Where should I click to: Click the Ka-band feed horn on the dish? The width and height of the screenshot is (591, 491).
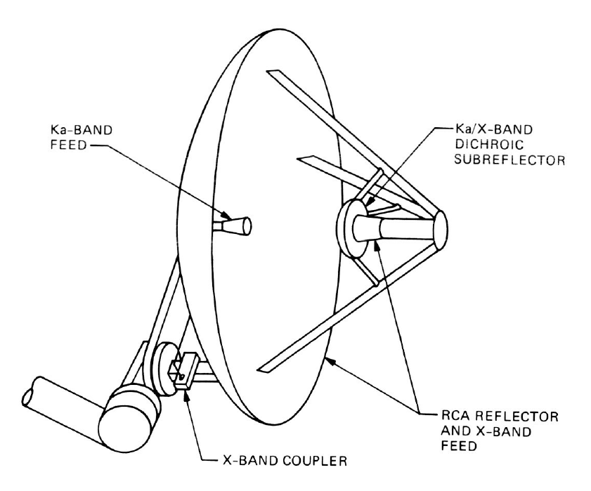(x=238, y=225)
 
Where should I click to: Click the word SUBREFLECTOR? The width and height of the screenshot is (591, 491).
(x=491, y=160)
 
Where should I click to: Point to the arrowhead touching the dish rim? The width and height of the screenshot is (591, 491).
(x=328, y=361)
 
